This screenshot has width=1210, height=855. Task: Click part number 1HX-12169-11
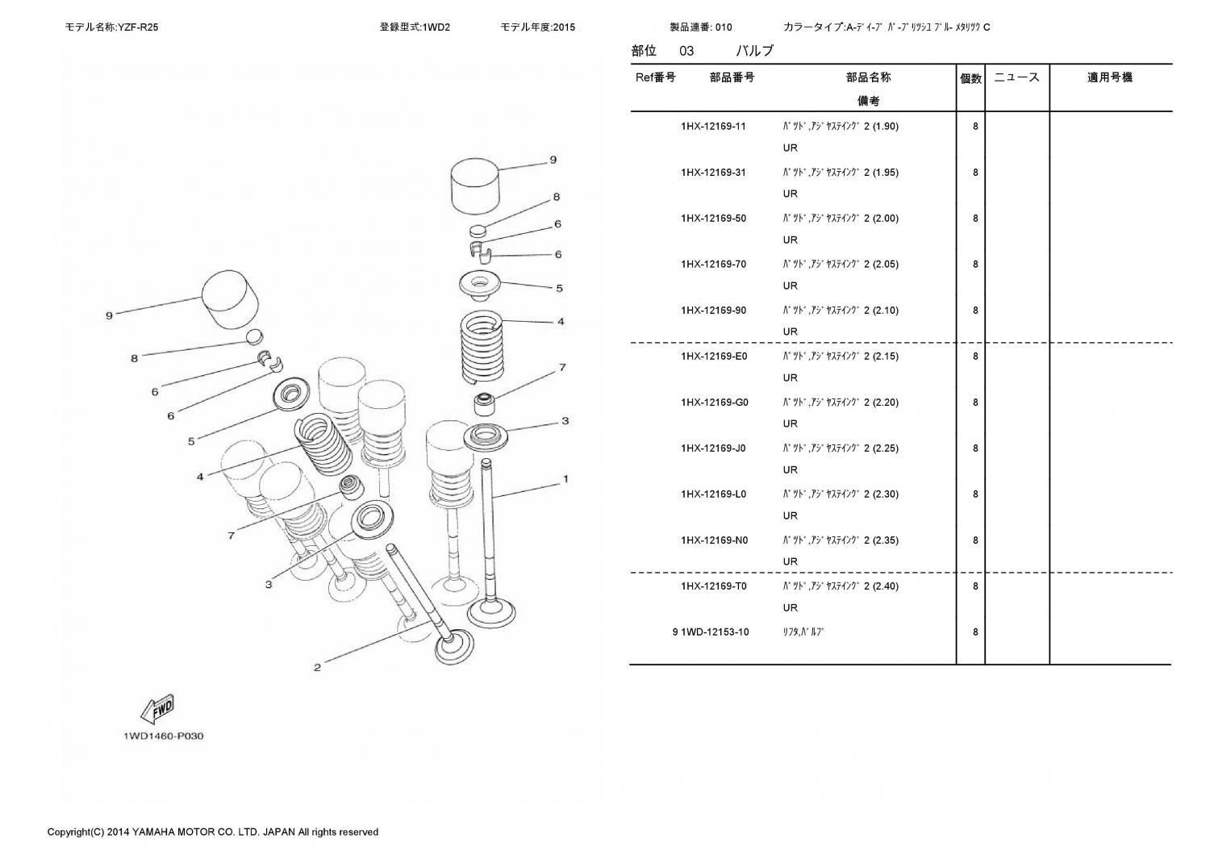pos(713,127)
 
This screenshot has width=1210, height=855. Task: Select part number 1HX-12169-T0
pos(713,586)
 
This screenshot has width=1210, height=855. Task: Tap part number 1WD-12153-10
pos(715,632)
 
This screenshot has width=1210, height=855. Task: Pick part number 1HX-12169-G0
pos(714,402)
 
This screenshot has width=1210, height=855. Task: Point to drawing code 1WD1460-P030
pos(163,736)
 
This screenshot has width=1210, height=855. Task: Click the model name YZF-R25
pos(137,27)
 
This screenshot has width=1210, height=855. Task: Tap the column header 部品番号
pos(732,77)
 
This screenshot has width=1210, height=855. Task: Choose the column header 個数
pos(970,78)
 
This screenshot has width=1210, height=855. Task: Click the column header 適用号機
pos(1109,77)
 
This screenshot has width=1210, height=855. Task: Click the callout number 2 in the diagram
pos(317,667)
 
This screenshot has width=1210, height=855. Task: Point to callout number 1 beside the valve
pos(565,479)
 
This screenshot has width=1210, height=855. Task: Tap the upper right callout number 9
pos(553,160)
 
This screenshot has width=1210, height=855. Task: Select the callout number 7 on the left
pos(231,536)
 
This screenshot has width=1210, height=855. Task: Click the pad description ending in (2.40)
pos(840,586)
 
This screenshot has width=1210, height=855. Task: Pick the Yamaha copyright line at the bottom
pos(212,832)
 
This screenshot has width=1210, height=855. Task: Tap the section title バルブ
pos(754,51)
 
